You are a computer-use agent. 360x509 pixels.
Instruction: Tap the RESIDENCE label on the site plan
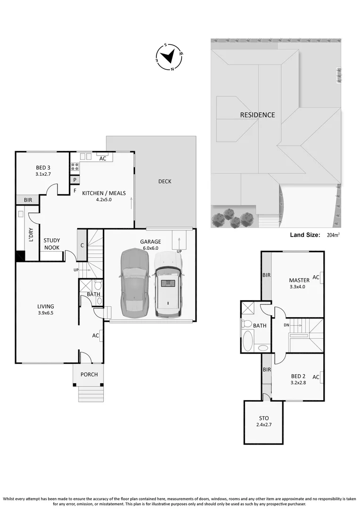tap(257, 115)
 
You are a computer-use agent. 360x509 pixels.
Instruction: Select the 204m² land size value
tap(334, 235)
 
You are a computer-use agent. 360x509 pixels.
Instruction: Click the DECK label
tap(164, 181)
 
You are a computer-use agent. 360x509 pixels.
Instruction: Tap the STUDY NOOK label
tap(52, 244)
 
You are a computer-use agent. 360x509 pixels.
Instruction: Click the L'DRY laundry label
tap(31, 234)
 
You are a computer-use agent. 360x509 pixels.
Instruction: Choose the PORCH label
tap(89, 375)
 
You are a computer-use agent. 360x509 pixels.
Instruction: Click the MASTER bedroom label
tap(299, 280)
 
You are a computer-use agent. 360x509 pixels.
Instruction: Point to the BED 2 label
tap(298, 376)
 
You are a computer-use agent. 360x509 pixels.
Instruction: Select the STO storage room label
tap(263, 418)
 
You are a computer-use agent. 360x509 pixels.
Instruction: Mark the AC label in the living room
tap(96, 336)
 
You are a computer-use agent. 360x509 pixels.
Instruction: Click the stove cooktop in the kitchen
tap(74, 166)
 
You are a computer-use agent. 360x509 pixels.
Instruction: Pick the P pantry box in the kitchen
tap(74, 180)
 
